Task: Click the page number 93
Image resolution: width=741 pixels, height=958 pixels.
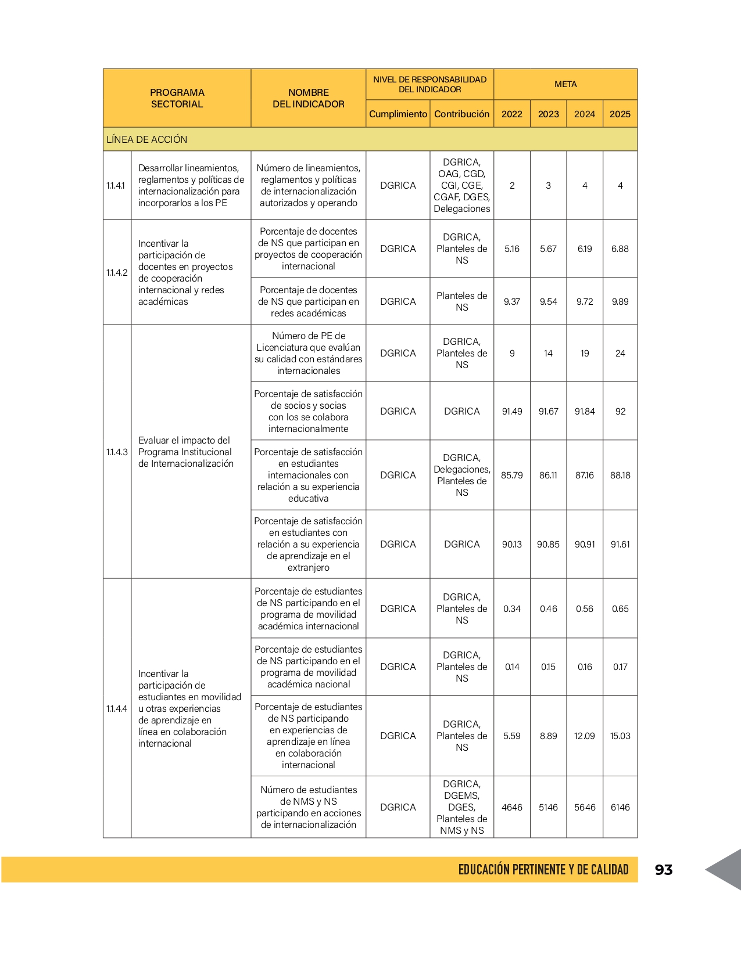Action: (663, 870)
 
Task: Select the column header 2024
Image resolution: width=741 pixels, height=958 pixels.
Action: (585, 114)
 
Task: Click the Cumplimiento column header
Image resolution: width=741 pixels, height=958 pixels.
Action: (398, 114)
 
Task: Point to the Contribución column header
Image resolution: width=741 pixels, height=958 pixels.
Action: (462, 114)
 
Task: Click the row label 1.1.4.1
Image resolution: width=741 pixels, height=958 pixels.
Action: (116, 186)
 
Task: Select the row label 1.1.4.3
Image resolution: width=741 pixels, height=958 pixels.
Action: (117, 452)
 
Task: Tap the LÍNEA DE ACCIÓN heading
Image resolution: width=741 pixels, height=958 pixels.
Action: (147, 139)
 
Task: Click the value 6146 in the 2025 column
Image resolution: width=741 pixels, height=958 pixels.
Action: (620, 807)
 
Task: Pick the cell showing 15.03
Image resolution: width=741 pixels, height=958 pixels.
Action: (620, 736)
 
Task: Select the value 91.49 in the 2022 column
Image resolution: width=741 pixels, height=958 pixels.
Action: (512, 411)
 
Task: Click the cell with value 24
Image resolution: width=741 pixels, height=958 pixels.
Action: (620, 353)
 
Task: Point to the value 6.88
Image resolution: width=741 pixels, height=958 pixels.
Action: (620, 248)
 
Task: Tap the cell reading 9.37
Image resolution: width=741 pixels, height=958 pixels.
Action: (512, 301)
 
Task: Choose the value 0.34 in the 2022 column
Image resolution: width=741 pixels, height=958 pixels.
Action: (512, 608)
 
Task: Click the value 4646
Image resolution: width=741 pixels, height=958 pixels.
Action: (512, 807)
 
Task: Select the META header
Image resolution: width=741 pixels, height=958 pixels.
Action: (565, 84)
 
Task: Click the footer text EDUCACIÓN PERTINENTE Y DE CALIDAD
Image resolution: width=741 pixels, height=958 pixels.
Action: (543, 870)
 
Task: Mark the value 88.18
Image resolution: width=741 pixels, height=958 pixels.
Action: (620, 475)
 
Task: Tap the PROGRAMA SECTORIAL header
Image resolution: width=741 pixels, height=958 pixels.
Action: (177, 98)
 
